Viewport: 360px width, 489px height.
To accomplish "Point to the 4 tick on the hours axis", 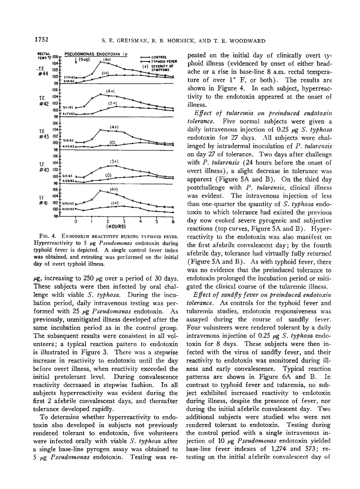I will click(141, 222).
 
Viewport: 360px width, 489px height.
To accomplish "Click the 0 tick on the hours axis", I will click(76, 222).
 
